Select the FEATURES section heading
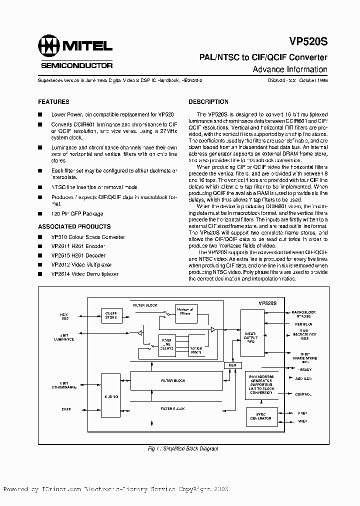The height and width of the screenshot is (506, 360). (53, 101)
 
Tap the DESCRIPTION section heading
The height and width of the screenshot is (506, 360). (208, 101)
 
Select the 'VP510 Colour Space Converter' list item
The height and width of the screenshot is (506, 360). (88, 237)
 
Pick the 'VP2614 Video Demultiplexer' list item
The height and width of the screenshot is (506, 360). (85, 274)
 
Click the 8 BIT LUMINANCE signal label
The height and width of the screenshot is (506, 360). (64, 337)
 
